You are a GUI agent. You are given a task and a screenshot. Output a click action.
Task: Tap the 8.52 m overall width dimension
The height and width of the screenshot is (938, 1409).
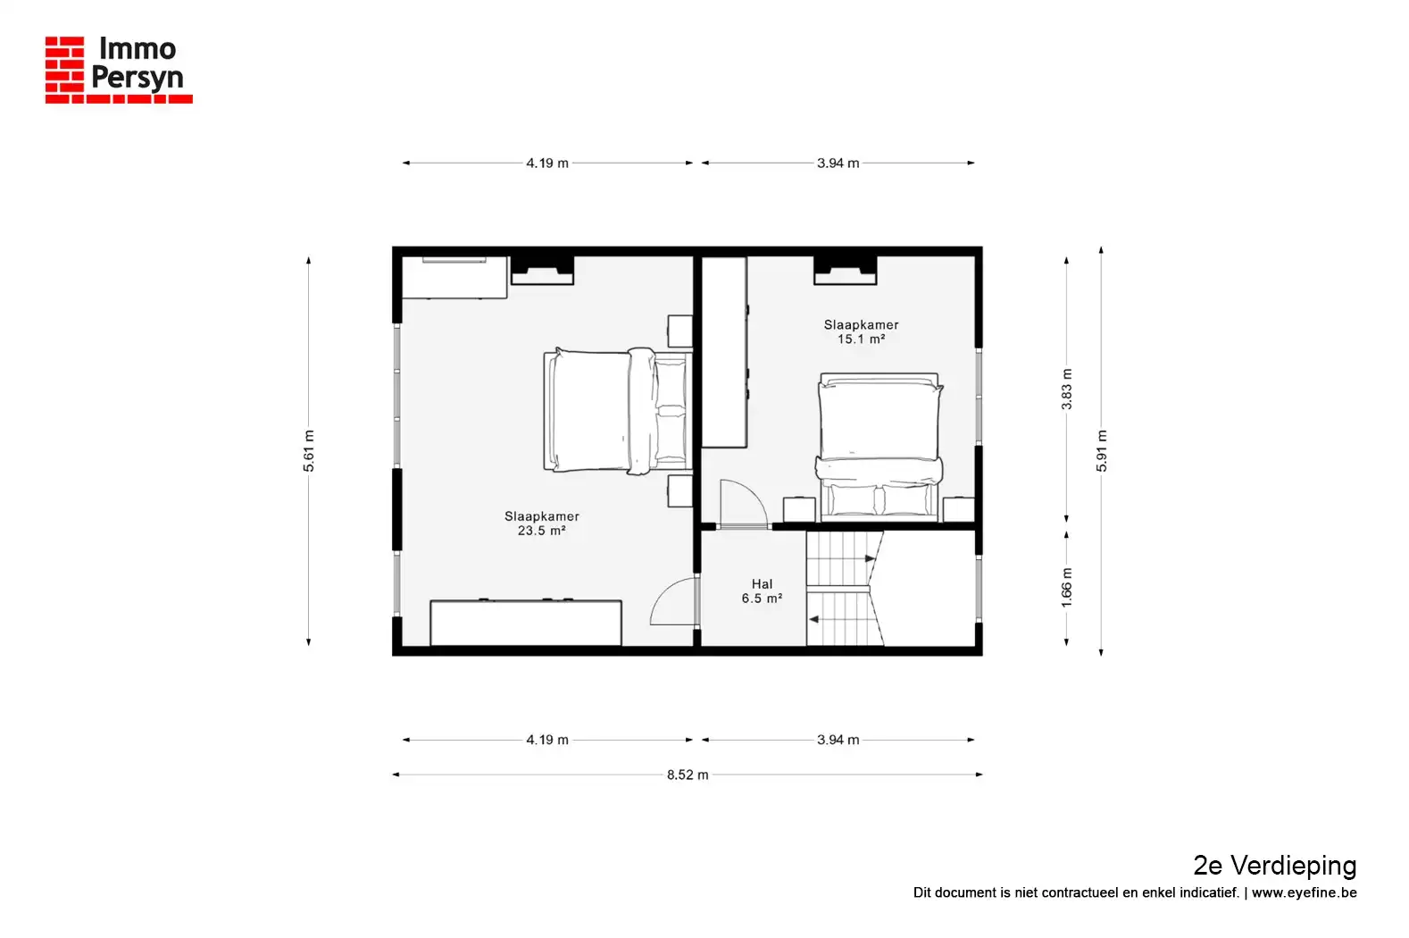click(x=688, y=775)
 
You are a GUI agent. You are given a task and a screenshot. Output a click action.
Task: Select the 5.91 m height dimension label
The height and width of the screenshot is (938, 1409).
click(x=1102, y=451)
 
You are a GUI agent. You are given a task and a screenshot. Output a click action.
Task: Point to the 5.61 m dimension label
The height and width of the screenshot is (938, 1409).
click(x=308, y=451)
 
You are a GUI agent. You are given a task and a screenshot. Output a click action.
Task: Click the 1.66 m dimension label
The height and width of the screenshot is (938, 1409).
click(x=1066, y=588)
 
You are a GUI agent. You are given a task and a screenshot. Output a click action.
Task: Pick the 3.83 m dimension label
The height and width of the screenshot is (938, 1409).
click(x=1066, y=389)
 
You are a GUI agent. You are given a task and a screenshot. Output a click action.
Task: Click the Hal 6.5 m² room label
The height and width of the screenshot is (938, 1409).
click(x=762, y=591)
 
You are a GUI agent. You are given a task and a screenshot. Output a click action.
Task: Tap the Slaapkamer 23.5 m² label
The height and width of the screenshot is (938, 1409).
click(x=542, y=523)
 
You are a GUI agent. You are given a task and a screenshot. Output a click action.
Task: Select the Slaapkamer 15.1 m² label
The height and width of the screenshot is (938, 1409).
click(x=861, y=331)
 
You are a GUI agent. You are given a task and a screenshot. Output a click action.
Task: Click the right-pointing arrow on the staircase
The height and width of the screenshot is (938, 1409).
click(x=870, y=558)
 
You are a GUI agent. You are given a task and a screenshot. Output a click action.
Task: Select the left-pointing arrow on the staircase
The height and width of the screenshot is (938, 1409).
click(x=813, y=619)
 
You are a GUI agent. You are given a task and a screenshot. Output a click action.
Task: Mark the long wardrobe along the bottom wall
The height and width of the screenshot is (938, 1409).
click(x=526, y=623)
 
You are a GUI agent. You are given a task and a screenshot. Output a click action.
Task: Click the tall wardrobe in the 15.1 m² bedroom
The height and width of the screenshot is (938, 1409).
click(x=725, y=353)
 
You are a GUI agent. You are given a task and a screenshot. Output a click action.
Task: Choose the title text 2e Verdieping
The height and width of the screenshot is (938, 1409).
click(x=1275, y=867)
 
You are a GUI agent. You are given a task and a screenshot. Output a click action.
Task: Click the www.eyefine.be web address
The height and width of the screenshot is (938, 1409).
click(x=1304, y=892)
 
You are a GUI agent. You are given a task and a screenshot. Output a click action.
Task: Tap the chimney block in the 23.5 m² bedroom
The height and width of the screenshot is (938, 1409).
click(x=542, y=270)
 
